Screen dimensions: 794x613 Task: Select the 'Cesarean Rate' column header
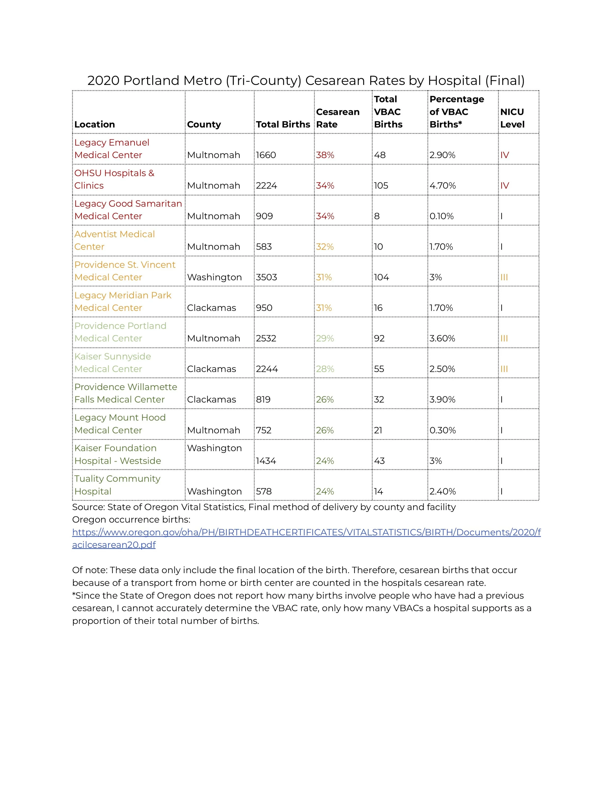[x=338, y=118]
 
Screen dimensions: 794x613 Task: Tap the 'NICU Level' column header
[x=512, y=118]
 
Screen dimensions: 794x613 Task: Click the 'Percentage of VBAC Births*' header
[x=457, y=112]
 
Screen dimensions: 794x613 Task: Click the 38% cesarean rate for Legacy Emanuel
[x=325, y=155]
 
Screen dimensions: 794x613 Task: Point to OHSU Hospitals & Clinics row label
[x=115, y=179]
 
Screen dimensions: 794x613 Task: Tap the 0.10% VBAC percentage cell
[x=442, y=216]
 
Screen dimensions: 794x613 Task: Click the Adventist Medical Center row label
[x=115, y=240]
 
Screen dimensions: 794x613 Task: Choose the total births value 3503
[x=267, y=277]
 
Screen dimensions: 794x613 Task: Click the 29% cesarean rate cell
[x=325, y=338]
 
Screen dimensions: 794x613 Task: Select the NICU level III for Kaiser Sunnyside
[x=504, y=369]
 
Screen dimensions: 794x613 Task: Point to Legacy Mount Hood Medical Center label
[x=120, y=424]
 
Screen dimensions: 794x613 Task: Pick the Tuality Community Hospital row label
[x=117, y=485]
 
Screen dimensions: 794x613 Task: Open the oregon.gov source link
[x=306, y=532]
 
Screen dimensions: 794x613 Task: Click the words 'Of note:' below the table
[x=90, y=570]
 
